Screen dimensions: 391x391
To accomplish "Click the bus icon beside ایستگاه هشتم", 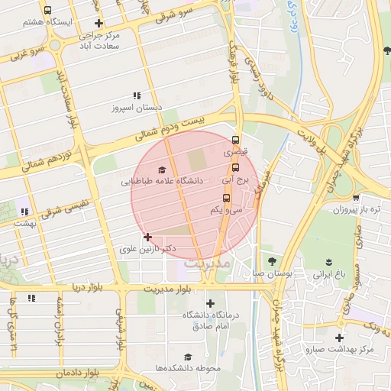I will (48, 11).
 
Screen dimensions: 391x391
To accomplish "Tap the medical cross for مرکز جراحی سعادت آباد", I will (99, 23).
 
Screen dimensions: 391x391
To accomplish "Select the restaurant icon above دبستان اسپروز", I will (137, 95).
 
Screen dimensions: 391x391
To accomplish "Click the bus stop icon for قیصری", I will (235, 140).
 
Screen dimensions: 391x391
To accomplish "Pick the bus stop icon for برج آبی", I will (235, 168).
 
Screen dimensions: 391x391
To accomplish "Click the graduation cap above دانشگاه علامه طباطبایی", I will (162, 170).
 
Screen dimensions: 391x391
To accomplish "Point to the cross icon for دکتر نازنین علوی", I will (147, 238).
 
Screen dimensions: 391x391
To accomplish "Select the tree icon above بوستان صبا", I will (272, 261).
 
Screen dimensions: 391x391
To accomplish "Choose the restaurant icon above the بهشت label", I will (25, 212).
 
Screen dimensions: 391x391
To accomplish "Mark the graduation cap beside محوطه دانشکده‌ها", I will (187, 357).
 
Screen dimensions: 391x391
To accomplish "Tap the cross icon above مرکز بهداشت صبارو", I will (340, 338).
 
